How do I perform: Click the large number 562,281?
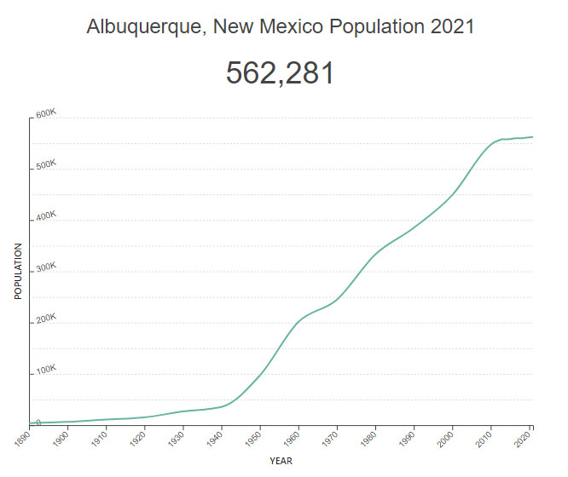pyautogui.click(x=280, y=73)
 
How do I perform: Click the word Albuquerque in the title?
pyautogui.click(x=147, y=27)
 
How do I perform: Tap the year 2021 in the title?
pyautogui.click(x=453, y=27)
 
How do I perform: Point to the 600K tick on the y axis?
pyautogui.click(x=45, y=115)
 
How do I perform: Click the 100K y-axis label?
pyautogui.click(x=45, y=371)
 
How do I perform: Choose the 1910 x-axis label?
pyautogui.click(x=99, y=435)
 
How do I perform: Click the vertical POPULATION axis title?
pyautogui.click(x=18, y=271)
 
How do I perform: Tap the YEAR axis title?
pyautogui.click(x=281, y=461)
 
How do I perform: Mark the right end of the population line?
pyautogui.click(x=533, y=136)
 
